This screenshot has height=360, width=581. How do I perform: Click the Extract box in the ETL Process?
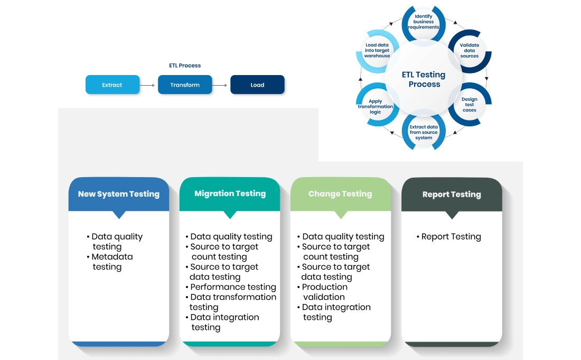pyautogui.click(x=113, y=85)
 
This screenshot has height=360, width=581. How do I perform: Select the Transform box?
pyautogui.click(x=185, y=85)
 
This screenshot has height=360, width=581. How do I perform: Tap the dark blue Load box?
pyautogui.click(x=257, y=85)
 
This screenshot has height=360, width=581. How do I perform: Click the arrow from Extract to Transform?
pyautogui.click(x=148, y=85)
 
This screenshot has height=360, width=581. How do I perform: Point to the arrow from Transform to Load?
pyautogui.click(x=221, y=85)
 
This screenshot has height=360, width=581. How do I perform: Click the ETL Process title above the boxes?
pyautogui.click(x=185, y=66)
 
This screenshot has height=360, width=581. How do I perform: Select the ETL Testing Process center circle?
pyautogui.click(x=424, y=79)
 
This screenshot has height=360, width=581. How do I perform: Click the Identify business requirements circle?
pyautogui.click(x=424, y=22)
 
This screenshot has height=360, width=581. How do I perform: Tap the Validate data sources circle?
pyautogui.click(x=469, y=51)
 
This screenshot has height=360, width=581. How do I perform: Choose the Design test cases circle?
pyautogui.click(x=469, y=105)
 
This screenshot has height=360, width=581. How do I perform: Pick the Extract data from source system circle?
pyautogui.click(x=424, y=132)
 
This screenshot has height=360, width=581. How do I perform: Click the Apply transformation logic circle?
pyautogui.click(x=376, y=107)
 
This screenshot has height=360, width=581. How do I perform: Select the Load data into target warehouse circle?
pyautogui.click(x=377, y=51)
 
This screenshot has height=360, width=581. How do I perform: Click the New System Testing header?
pyautogui.click(x=119, y=194)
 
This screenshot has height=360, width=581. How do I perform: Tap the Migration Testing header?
pyautogui.click(x=230, y=193)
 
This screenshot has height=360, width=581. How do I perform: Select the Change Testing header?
pyautogui.click(x=340, y=194)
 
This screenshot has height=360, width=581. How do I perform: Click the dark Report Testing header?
pyautogui.click(x=452, y=195)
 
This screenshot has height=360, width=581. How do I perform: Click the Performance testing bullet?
pyautogui.click(x=232, y=287)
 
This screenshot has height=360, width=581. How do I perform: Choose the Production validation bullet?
pyautogui.click(x=324, y=292)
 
